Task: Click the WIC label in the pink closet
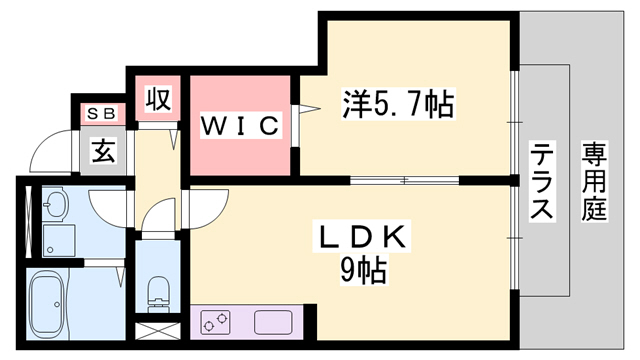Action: click(x=239, y=127)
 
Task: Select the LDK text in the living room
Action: click(x=361, y=237)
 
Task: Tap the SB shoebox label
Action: click(x=102, y=112)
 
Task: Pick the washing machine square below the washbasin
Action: click(x=57, y=239)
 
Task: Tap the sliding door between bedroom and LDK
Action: click(x=405, y=181)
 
